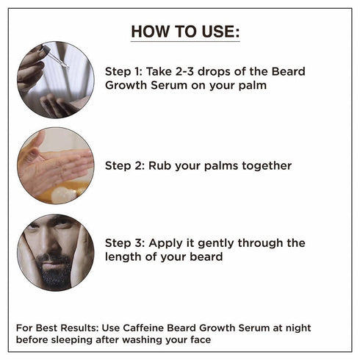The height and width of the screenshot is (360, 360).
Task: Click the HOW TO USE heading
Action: (184, 32)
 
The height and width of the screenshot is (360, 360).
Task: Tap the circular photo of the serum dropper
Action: (55, 80)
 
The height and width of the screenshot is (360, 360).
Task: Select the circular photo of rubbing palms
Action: (55, 165)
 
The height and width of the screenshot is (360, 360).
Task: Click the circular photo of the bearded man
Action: (55, 252)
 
